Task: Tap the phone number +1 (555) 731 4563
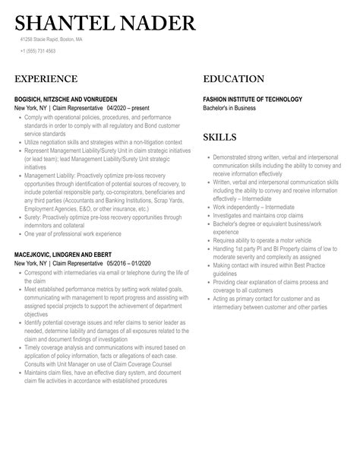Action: (38, 51)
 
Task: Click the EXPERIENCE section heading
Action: (46, 79)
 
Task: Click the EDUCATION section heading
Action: (233, 79)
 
